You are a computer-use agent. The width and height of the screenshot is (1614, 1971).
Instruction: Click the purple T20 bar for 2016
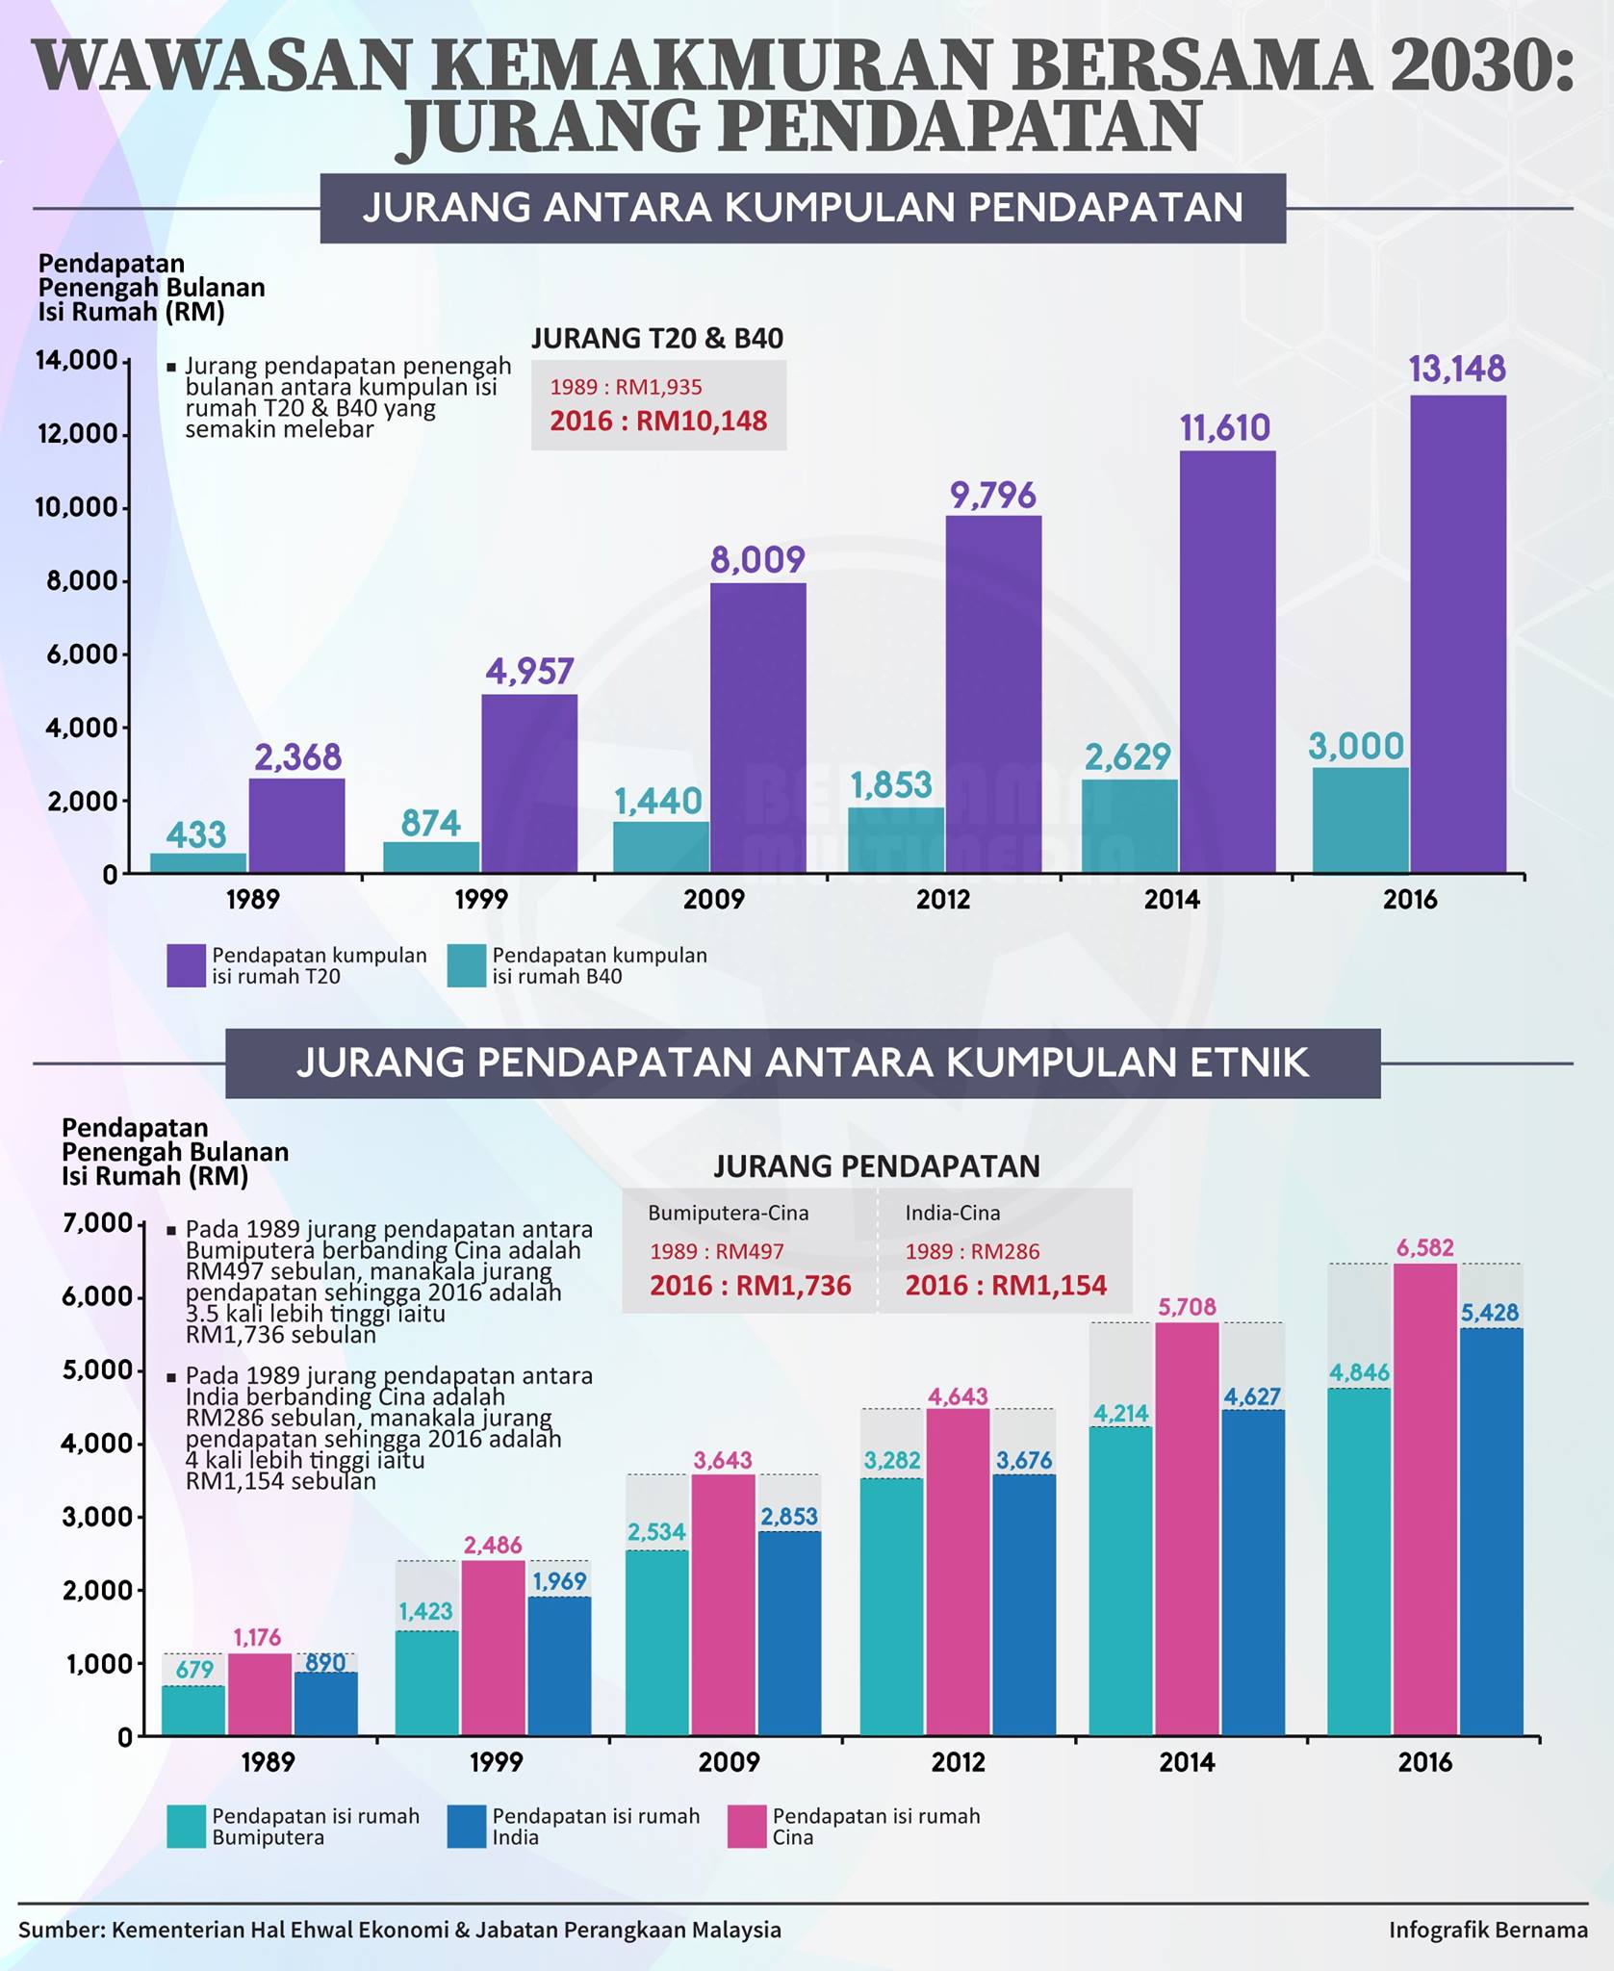(1458, 634)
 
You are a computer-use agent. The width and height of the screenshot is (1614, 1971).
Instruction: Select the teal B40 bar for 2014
(1130, 827)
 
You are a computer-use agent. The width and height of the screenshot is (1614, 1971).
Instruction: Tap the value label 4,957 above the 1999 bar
(529, 671)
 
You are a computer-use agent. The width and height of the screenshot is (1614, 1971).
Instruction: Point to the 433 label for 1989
(196, 833)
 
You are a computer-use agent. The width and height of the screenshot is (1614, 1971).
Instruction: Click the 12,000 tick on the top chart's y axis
(76, 434)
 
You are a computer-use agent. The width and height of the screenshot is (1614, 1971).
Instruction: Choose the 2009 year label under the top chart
(714, 900)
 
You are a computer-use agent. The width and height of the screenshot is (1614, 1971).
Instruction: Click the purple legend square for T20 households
(186, 965)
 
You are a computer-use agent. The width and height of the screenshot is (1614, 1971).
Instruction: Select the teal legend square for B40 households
(467, 965)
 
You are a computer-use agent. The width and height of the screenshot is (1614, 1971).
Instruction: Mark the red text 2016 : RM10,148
(658, 421)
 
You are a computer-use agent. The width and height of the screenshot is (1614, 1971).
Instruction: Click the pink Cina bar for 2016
(1426, 1499)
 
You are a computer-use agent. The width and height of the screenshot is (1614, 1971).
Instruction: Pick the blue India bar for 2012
(1024, 1605)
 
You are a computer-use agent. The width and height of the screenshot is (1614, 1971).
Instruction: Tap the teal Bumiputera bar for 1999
(426, 1683)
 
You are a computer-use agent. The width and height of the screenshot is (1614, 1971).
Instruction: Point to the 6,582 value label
(1425, 1248)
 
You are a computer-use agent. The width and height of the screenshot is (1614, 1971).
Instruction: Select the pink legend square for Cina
(747, 1827)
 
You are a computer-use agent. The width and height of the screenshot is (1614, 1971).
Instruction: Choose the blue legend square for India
(467, 1827)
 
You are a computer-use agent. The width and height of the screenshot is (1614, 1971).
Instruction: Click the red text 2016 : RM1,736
(751, 1286)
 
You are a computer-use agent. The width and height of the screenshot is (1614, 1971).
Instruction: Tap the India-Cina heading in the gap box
(953, 1213)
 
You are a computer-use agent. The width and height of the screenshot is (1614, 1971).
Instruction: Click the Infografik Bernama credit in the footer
(1488, 1930)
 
